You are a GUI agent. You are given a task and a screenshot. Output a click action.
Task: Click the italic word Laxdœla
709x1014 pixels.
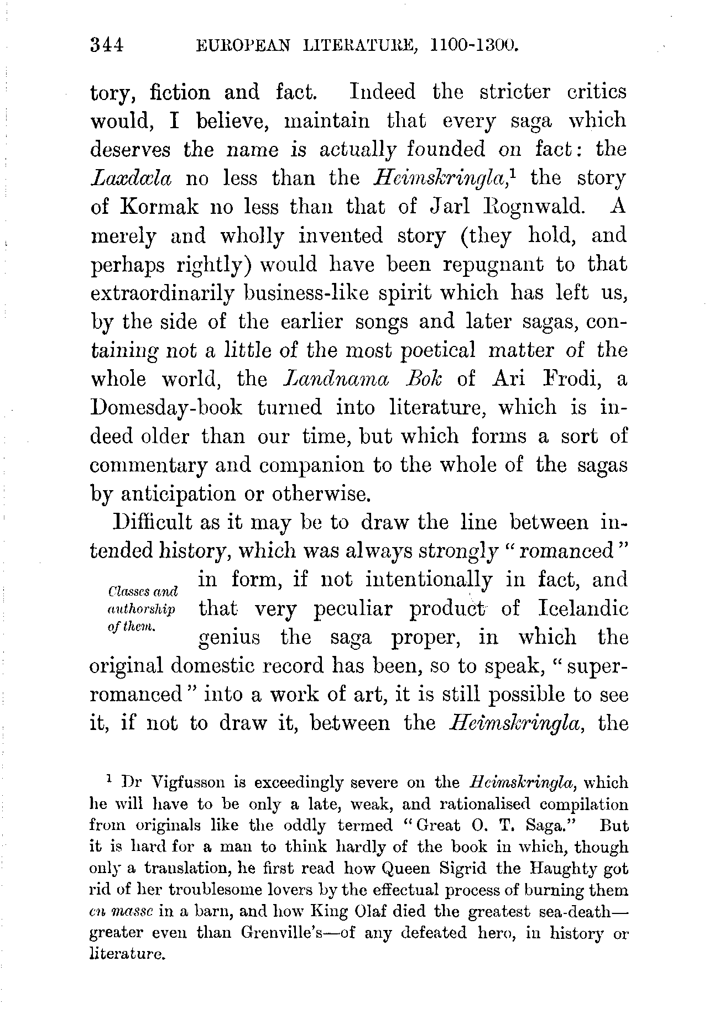click(131, 178)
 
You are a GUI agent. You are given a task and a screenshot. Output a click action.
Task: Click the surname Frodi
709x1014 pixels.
click(572, 379)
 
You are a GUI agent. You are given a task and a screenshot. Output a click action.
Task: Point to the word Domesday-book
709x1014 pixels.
click(166, 408)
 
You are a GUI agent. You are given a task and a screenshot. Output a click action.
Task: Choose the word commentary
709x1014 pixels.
click(147, 466)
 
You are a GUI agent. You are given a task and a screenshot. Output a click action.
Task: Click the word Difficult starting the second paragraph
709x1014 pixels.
click(152, 523)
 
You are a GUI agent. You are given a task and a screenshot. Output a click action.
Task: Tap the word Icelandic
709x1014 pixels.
click(583, 609)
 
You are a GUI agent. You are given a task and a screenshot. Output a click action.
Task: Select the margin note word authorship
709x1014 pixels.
click(140, 610)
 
